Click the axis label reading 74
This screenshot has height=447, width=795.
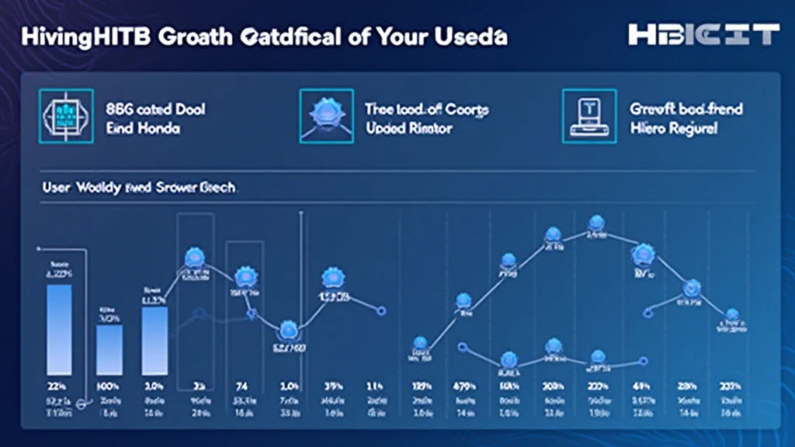[x=241, y=386]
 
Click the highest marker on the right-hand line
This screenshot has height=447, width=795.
[x=596, y=223]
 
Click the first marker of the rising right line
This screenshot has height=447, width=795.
[x=420, y=343]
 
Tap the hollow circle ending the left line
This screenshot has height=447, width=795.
[x=380, y=310]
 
